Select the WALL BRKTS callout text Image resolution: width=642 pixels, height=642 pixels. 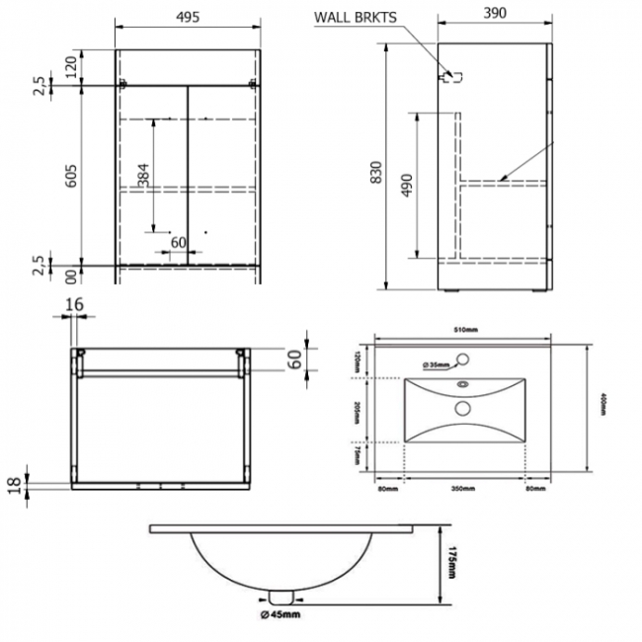coord(358,17)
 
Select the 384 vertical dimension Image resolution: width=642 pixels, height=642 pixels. coord(144,174)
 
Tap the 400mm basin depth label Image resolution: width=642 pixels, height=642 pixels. coord(601,408)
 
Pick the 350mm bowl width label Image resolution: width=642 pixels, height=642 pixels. coord(462,488)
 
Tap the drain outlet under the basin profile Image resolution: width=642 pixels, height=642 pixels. coord(281,596)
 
